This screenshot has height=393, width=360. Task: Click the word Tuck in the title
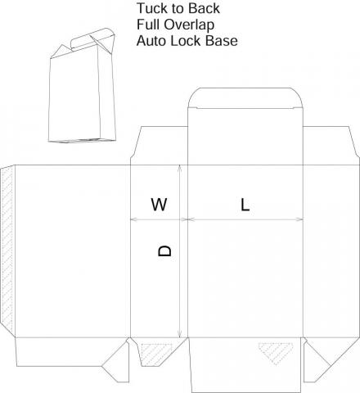click(151, 8)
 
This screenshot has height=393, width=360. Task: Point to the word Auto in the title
click(151, 41)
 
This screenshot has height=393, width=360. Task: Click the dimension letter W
click(159, 205)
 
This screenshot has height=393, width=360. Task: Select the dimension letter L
click(245, 205)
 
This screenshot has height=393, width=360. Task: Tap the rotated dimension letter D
click(164, 251)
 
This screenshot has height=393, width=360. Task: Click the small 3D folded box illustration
click(82, 85)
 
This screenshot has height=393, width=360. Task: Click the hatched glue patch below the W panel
click(156, 355)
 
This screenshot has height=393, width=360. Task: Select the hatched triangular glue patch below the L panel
click(276, 353)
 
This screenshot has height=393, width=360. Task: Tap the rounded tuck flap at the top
click(245, 98)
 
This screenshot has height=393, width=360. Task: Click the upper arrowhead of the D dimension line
click(179, 167)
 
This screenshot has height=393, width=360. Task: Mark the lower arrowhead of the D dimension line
click(179, 335)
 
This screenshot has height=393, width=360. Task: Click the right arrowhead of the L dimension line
click(300, 219)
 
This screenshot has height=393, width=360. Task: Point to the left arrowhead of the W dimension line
click(133, 219)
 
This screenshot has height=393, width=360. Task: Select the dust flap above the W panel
click(160, 146)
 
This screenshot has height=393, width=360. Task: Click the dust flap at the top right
click(331, 146)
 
